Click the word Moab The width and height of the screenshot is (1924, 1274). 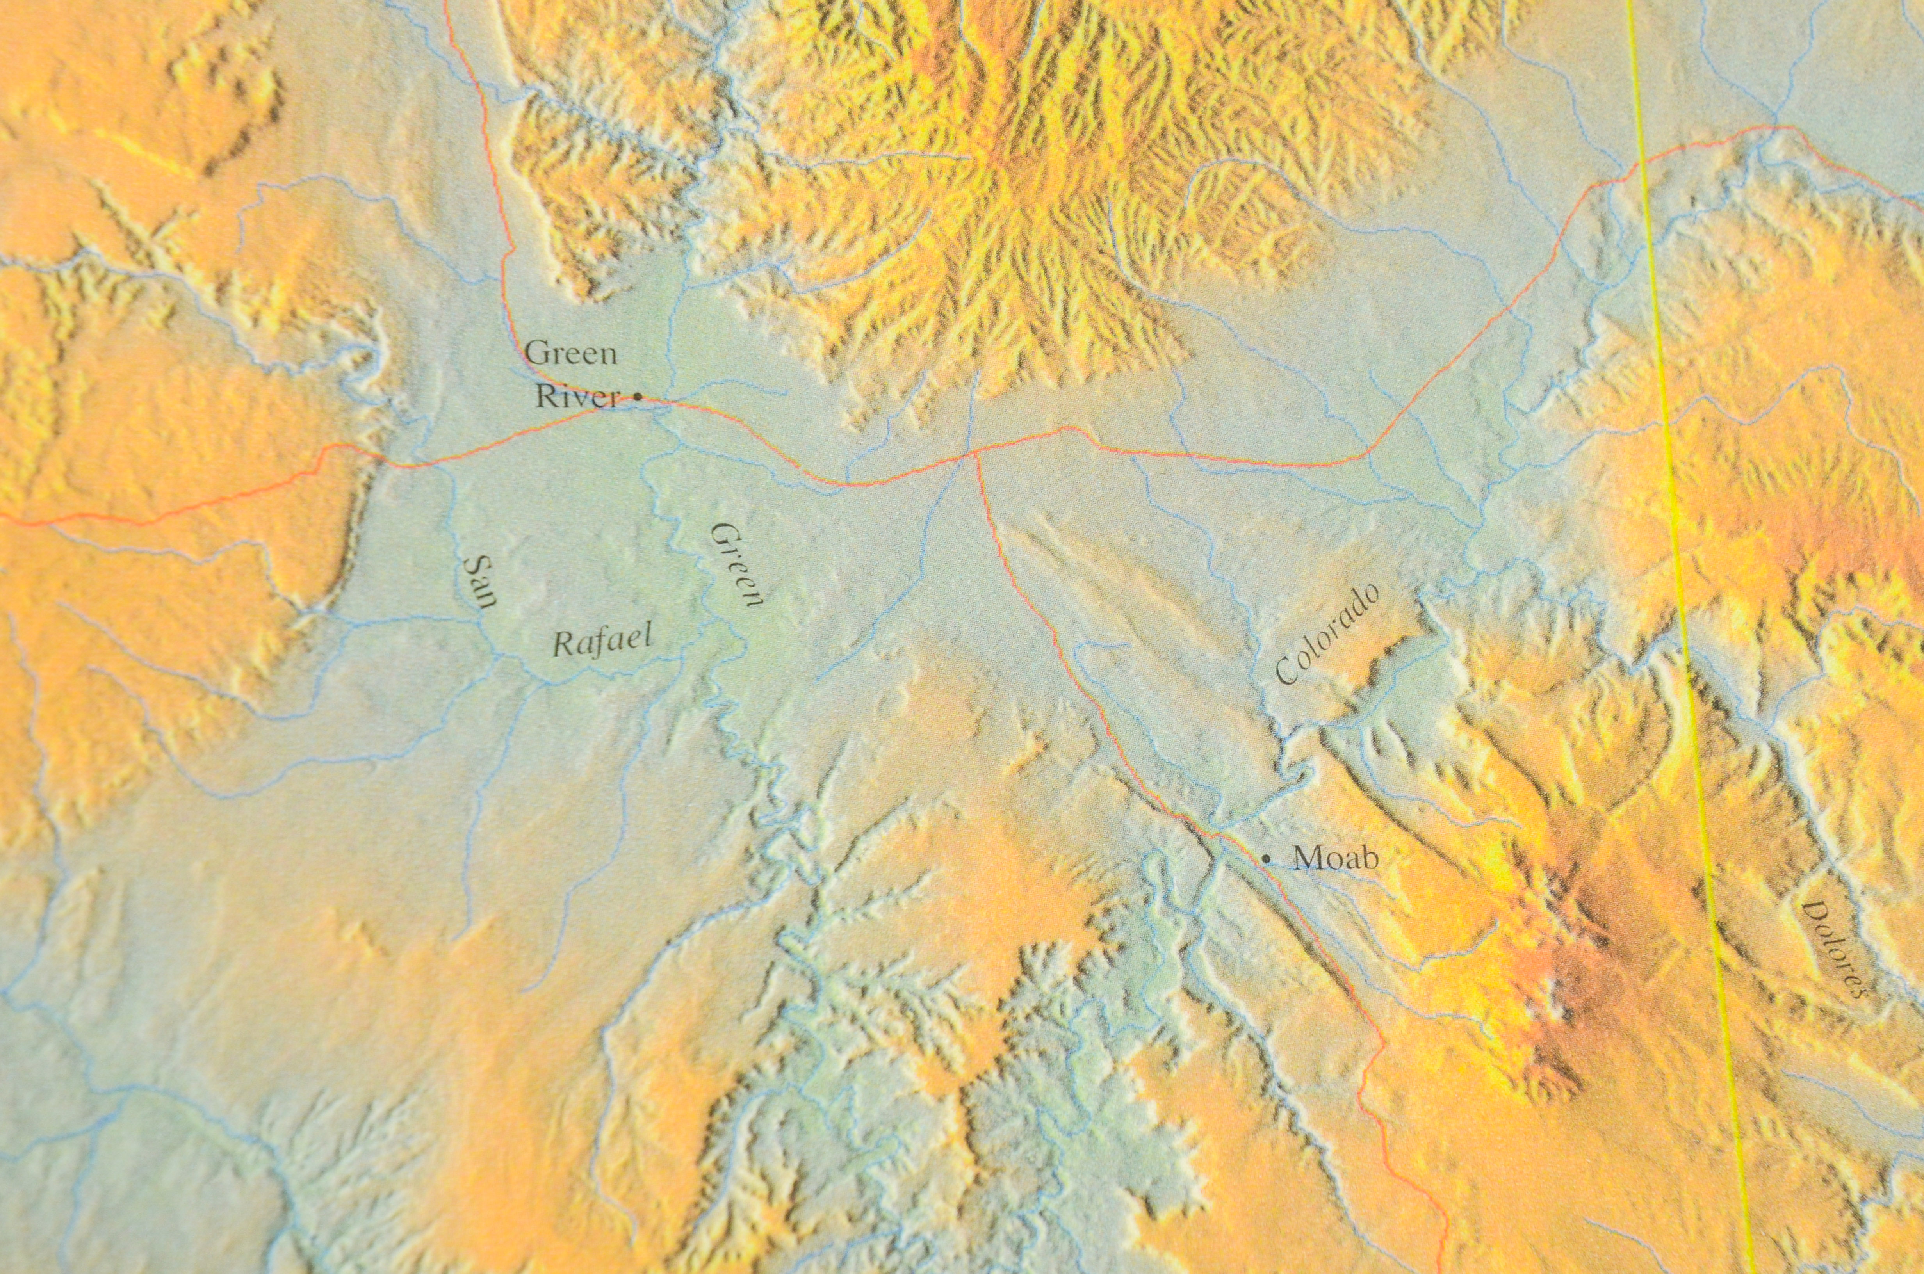[1335, 858]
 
